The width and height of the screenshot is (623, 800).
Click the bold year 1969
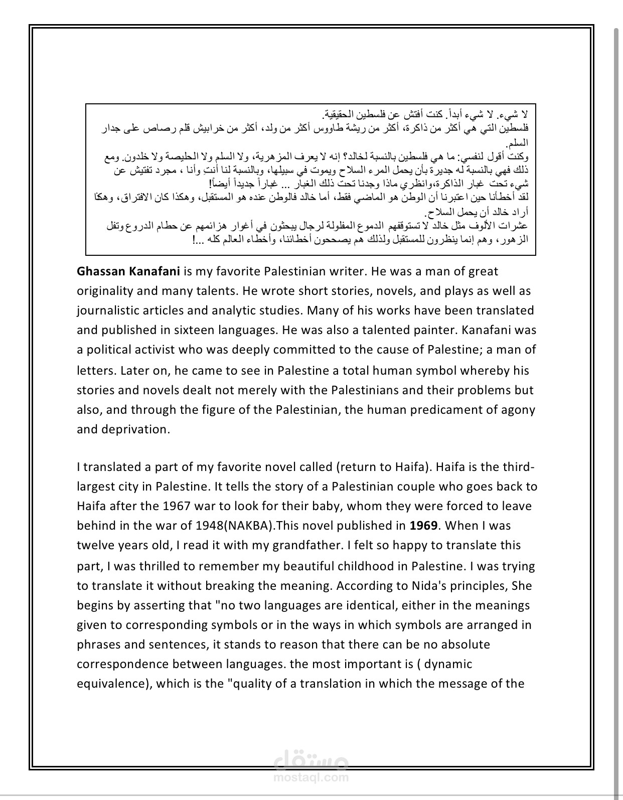[424, 526]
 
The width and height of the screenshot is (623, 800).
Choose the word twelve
[94, 545]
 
